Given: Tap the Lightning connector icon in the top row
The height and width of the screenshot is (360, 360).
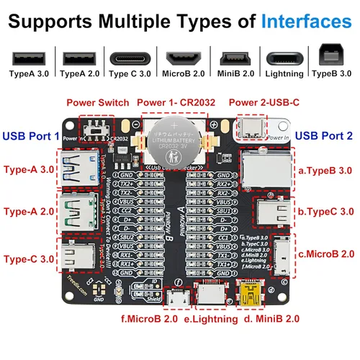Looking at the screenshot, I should coord(284,58).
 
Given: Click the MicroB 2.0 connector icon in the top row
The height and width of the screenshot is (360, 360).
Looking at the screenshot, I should coord(184,58).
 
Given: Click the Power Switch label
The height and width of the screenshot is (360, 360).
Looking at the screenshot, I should coord(98,102).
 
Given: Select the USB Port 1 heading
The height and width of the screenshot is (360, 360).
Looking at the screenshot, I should coord(31,135).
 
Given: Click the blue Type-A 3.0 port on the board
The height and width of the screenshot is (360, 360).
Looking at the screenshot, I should coord(76,170).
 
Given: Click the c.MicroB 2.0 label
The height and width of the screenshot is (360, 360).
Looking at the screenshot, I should coord(328,253).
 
